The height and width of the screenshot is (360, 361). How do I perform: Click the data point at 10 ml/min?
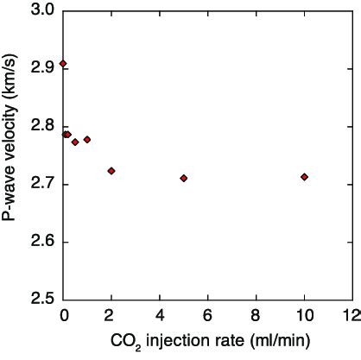tap(304, 177)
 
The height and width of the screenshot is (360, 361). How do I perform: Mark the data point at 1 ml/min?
tap(87, 139)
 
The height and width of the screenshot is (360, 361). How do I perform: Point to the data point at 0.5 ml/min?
tap(75, 142)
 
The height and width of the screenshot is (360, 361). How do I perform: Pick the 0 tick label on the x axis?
tap(63, 313)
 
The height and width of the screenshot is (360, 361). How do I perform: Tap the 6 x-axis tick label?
tap(207, 313)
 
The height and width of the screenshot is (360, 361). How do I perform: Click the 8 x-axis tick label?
tap(256, 313)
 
